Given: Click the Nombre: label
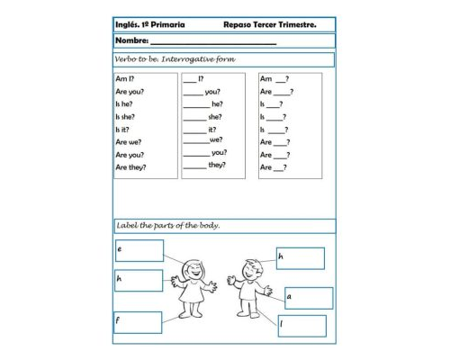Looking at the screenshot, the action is [131, 41].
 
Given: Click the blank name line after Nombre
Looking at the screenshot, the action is [213, 43].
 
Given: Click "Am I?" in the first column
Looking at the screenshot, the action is [124, 79].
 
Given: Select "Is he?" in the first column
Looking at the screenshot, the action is [124, 103].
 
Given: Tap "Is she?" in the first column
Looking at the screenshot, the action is [126, 116].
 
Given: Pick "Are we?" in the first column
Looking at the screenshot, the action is [129, 141].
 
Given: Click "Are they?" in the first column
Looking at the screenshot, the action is [130, 166].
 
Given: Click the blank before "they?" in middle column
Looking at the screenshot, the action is [194, 166].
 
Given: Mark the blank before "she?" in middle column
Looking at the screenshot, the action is [194, 118].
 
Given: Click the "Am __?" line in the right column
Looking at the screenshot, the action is [274, 79].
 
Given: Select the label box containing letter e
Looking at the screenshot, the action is [139, 250].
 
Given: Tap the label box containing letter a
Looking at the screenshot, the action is [309, 298].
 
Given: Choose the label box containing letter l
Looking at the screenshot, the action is [301, 325].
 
